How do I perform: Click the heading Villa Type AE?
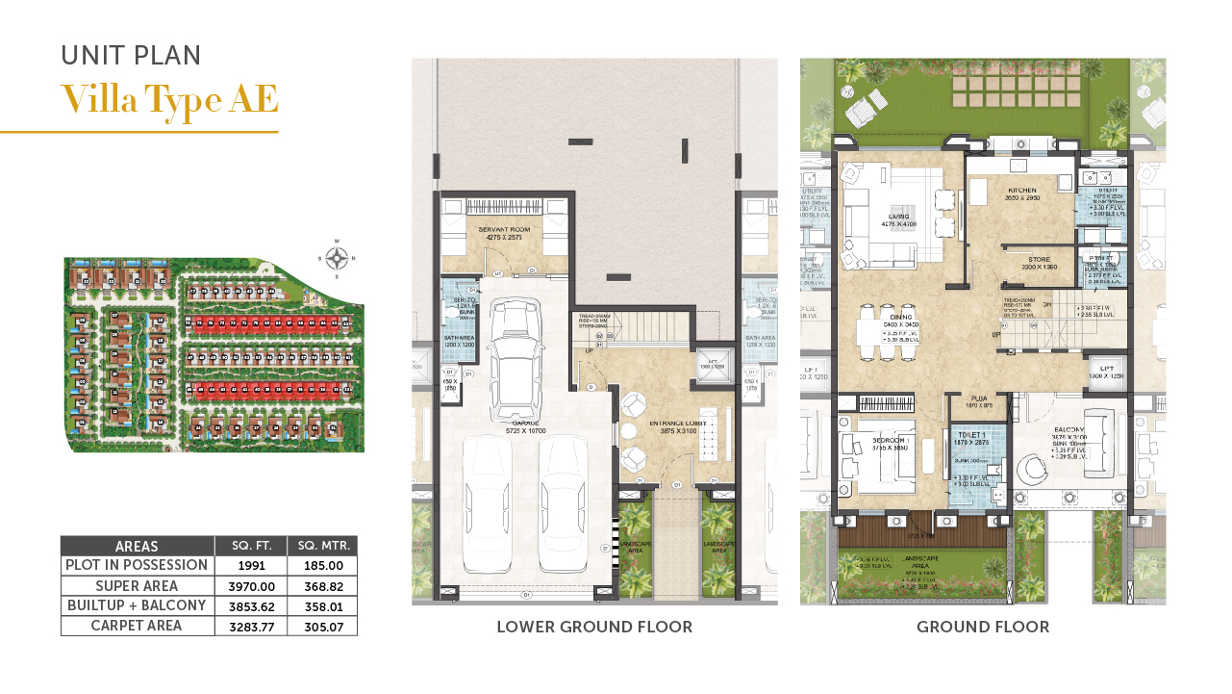(x=169, y=99)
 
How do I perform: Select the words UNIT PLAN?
(x=131, y=55)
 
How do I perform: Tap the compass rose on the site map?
(x=337, y=258)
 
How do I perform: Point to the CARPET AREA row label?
(x=138, y=626)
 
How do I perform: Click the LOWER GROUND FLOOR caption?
(x=593, y=628)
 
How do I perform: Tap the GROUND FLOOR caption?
(x=982, y=628)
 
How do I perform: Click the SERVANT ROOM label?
(x=506, y=229)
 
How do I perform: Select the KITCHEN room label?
(x=1022, y=191)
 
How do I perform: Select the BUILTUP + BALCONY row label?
(x=138, y=605)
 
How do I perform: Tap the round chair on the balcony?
(x=1033, y=470)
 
